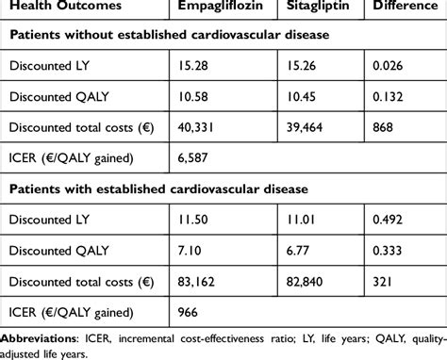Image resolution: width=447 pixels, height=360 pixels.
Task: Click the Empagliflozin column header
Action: coord(222,10)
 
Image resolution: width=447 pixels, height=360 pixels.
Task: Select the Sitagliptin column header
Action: coord(320,10)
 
